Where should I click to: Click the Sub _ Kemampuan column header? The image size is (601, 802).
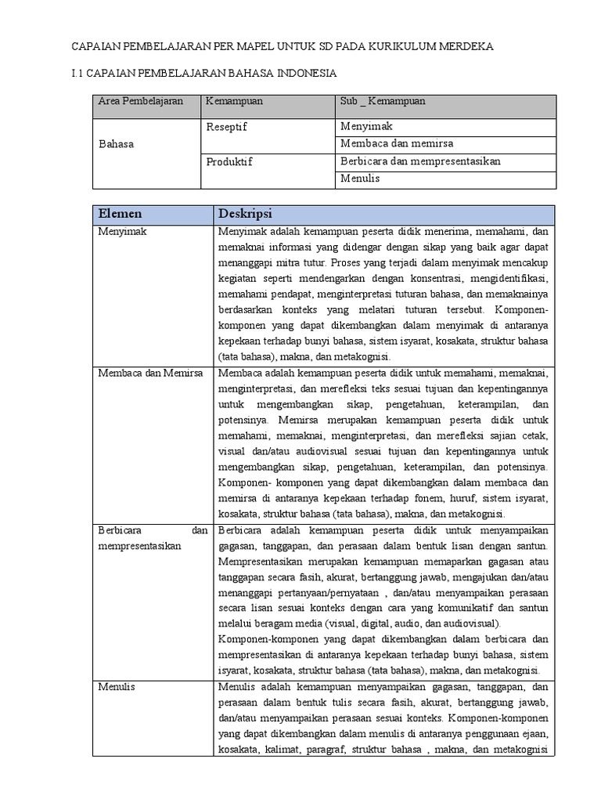click(x=383, y=102)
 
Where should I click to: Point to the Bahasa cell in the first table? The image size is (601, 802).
click(x=116, y=144)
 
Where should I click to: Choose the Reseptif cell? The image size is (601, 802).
click(x=226, y=126)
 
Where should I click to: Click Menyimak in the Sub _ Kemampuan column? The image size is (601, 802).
click(x=366, y=126)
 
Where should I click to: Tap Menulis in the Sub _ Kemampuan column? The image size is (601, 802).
click(x=360, y=179)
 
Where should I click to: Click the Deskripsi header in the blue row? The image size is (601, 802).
click(x=246, y=214)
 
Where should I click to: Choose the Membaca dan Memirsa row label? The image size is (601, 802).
click(x=150, y=373)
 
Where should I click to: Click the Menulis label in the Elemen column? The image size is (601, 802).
click(x=117, y=686)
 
